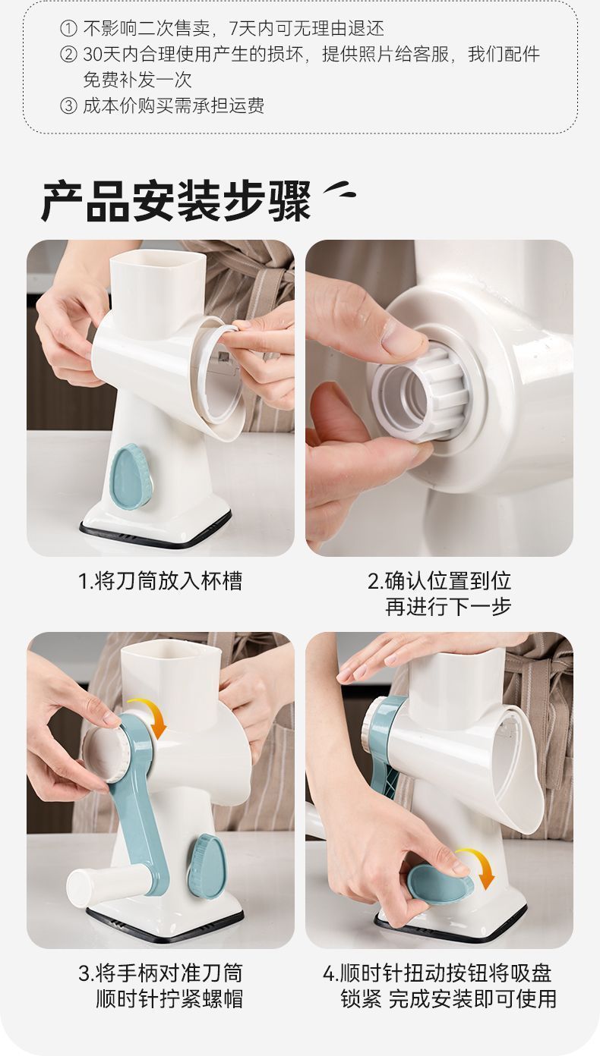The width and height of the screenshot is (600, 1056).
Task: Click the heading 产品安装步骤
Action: (x=176, y=202)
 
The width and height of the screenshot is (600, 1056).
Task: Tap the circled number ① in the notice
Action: (x=68, y=30)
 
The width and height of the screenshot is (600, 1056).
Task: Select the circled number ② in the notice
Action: (x=68, y=55)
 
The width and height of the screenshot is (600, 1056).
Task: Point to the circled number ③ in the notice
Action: (x=68, y=106)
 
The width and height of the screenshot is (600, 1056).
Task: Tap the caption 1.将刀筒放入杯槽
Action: (x=160, y=582)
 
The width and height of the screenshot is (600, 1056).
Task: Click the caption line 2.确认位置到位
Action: (x=439, y=582)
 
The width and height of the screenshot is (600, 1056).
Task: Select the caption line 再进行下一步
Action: (x=448, y=607)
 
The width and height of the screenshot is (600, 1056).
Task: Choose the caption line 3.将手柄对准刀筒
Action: (x=160, y=973)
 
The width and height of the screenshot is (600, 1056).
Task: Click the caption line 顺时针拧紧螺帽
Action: (x=169, y=998)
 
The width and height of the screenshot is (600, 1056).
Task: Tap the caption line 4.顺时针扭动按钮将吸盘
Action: (x=437, y=973)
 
